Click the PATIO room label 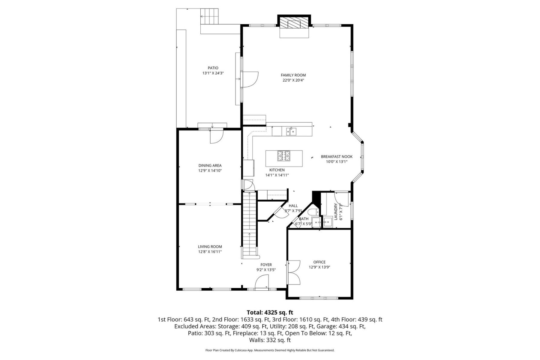pyautogui.click(x=213, y=68)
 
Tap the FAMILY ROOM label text pyautogui.click(x=293, y=75)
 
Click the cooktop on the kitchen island pyautogui.click(x=284, y=156)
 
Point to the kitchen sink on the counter pyautogui.click(x=291, y=131)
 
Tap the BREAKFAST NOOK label pyautogui.click(x=337, y=157)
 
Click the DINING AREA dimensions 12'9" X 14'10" pyautogui.click(x=210, y=171)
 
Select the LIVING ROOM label pyautogui.click(x=210, y=247)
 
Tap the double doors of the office pyautogui.click(x=294, y=272)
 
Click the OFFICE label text pyautogui.click(x=319, y=262)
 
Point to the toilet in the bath pyautogui.click(x=314, y=211)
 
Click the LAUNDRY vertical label pyautogui.click(x=336, y=212)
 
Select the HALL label pyautogui.click(x=293, y=206)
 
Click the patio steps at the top pyautogui.click(x=210, y=16)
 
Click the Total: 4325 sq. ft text pyautogui.click(x=270, y=313)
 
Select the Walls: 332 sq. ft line pyautogui.click(x=270, y=340)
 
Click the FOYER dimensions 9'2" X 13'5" pyautogui.click(x=266, y=270)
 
